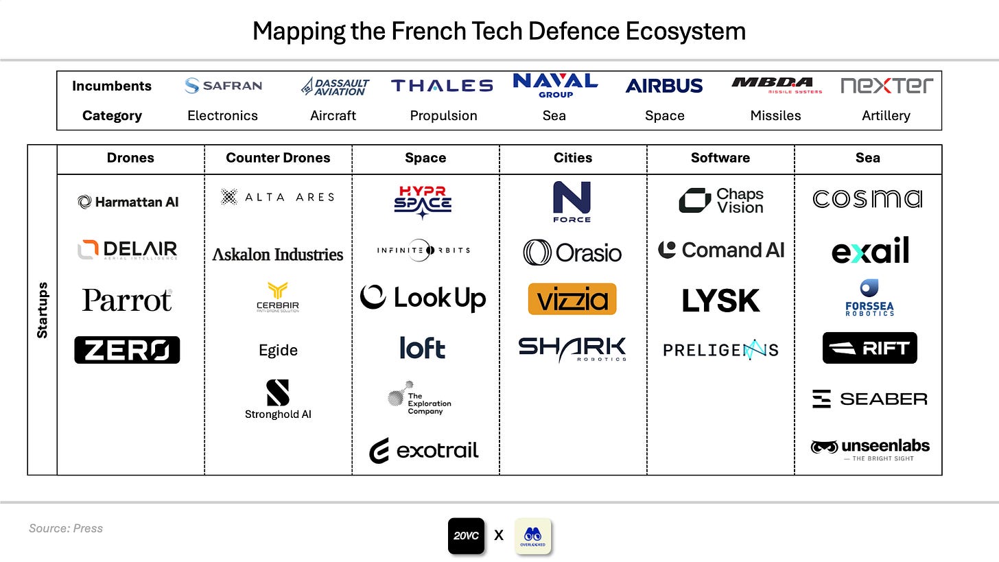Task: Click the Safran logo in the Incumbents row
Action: tap(223, 86)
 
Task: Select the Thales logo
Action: tap(442, 86)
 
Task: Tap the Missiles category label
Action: tap(775, 115)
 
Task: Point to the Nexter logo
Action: tap(886, 86)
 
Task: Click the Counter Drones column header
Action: tap(278, 158)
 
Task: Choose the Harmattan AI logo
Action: tap(128, 202)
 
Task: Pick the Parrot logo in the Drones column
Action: tap(128, 300)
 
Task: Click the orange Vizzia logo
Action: tap(572, 299)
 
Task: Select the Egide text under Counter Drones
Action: tap(278, 350)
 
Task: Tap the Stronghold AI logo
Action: tap(278, 399)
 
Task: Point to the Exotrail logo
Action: tap(424, 451)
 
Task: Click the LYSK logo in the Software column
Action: tap(720, 301)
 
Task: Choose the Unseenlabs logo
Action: tap(870, 449)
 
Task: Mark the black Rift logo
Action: tap(869, 348)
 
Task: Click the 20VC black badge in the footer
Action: tap(467, 536)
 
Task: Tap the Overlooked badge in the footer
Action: tap(532, 536)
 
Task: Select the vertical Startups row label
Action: tap(43, 310)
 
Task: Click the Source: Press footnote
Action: tap(66, 528)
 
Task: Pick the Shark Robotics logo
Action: tap(572, 349)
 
